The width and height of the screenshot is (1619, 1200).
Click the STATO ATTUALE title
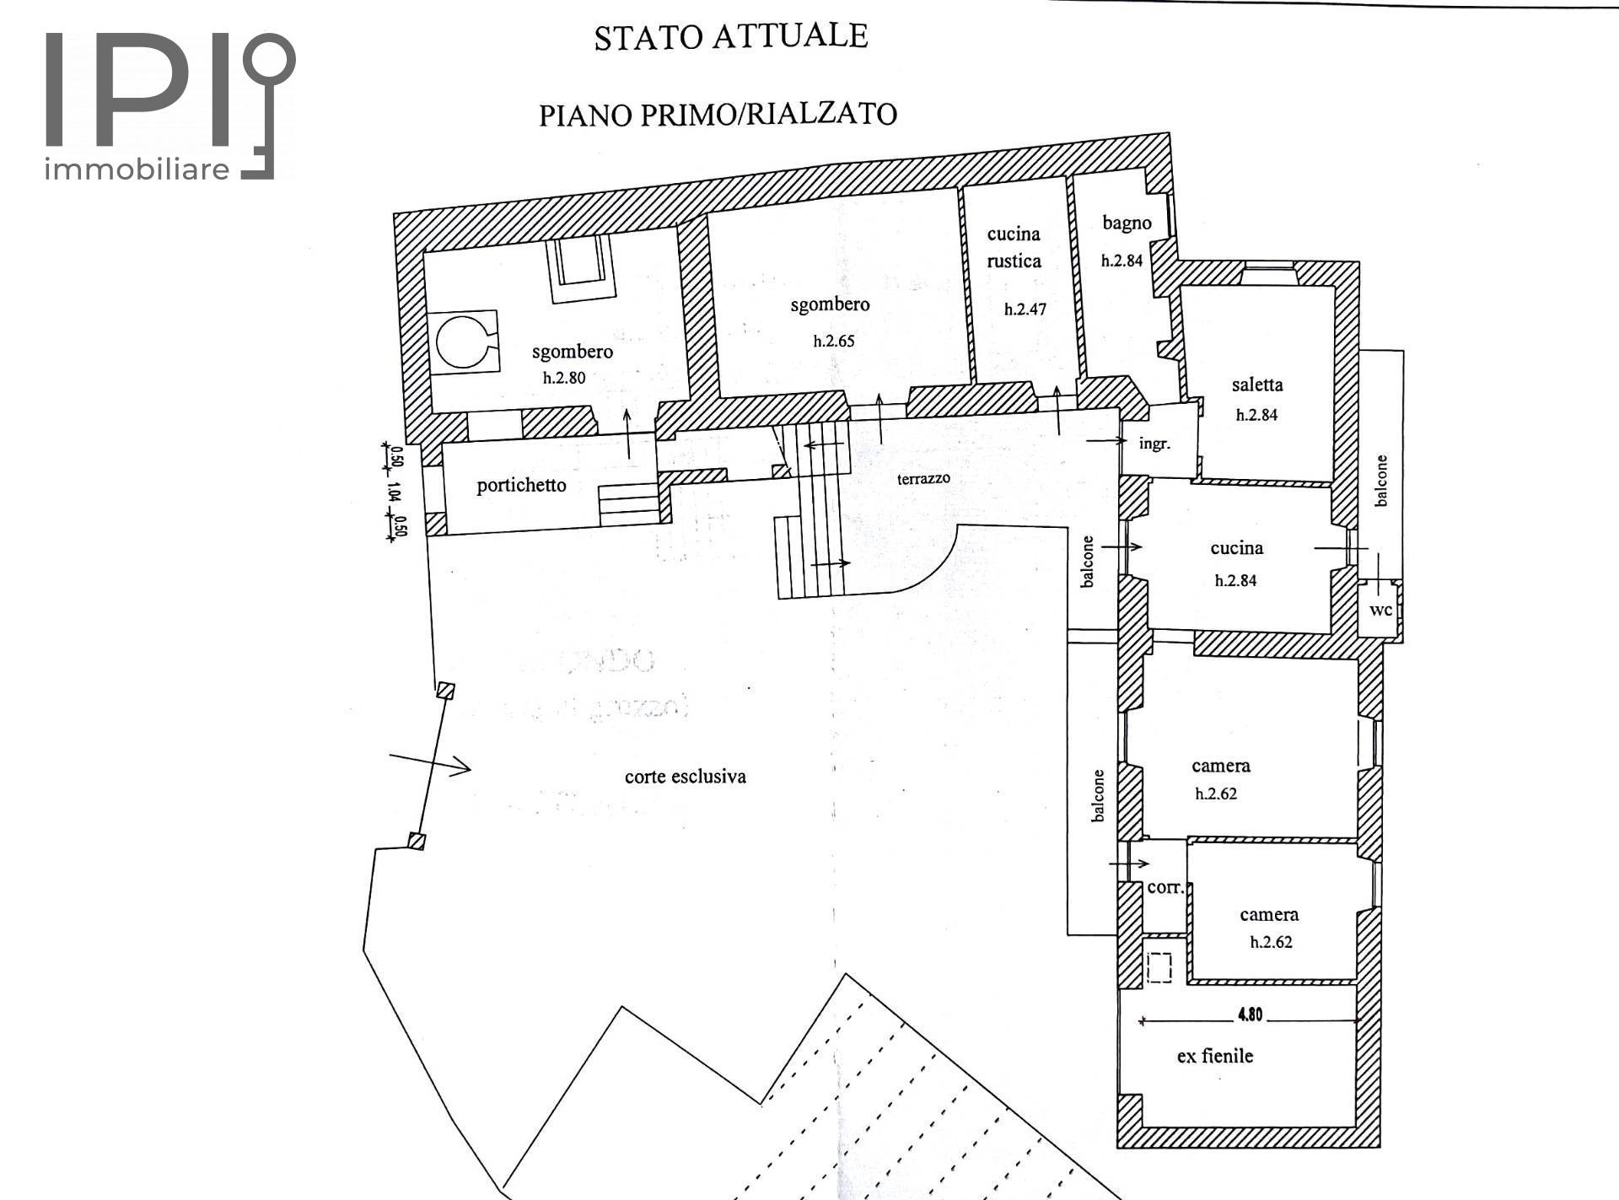[x=731, y=37]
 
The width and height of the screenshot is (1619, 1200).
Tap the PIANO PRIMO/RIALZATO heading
[x=718, y=114]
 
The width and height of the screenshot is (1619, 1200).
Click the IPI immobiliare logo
[x=169, y=106]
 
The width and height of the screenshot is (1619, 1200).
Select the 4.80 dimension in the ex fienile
[x=1250, y=1015]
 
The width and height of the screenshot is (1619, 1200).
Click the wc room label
[x=1380, y=610]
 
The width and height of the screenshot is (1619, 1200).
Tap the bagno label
[x=1127, y=223]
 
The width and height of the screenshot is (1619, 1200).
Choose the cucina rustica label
[x=1014, y=247]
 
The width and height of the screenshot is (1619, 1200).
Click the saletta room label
[x=1257, y=385]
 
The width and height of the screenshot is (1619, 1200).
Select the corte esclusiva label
[x=686, y=776]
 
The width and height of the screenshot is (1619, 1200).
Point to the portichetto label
[x=521, y=485]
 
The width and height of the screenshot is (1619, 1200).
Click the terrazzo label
[x=923, y=478]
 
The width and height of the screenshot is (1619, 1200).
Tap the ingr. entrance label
[x=1154, y=443]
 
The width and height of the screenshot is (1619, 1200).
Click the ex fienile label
[x=1215, y=1056]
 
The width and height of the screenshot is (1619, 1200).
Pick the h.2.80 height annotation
[x=564, y=378]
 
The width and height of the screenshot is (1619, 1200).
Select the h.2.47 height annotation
[x=1025, y=309]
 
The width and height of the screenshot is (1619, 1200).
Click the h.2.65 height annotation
[x=834, y=342]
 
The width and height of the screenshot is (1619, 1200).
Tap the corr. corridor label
[x=1166, y=887]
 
